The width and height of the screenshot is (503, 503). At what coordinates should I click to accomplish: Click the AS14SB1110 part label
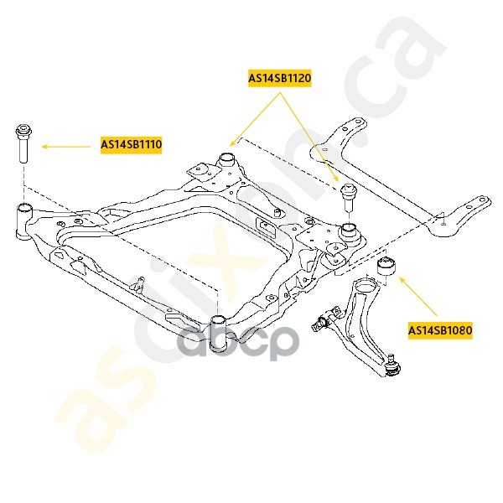[x=132, y=145]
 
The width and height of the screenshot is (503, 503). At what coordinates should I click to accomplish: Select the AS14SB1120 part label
[x=279, y=79]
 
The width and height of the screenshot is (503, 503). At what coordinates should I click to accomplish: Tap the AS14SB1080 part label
[x=440, y=330]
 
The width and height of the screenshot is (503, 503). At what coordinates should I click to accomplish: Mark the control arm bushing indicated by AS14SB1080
[x=387, y=267]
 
